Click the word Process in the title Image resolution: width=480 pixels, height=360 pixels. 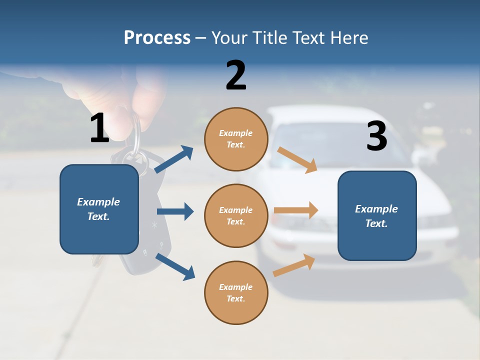157,38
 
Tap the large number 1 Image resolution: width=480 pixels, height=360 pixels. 99,128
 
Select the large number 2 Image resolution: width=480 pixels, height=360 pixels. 236,75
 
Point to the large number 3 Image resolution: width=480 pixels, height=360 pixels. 376,136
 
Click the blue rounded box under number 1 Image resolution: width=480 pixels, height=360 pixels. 99,209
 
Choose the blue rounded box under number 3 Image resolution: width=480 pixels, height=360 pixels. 377,215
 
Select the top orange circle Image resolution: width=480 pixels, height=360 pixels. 236,139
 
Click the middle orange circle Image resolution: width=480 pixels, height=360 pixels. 236,215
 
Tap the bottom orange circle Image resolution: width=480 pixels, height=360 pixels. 236,292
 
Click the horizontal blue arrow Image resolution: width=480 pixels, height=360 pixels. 175,211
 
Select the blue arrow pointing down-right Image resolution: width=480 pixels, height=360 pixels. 175,266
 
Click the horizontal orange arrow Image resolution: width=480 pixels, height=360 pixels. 296,210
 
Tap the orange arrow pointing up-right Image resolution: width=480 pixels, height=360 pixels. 294,265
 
